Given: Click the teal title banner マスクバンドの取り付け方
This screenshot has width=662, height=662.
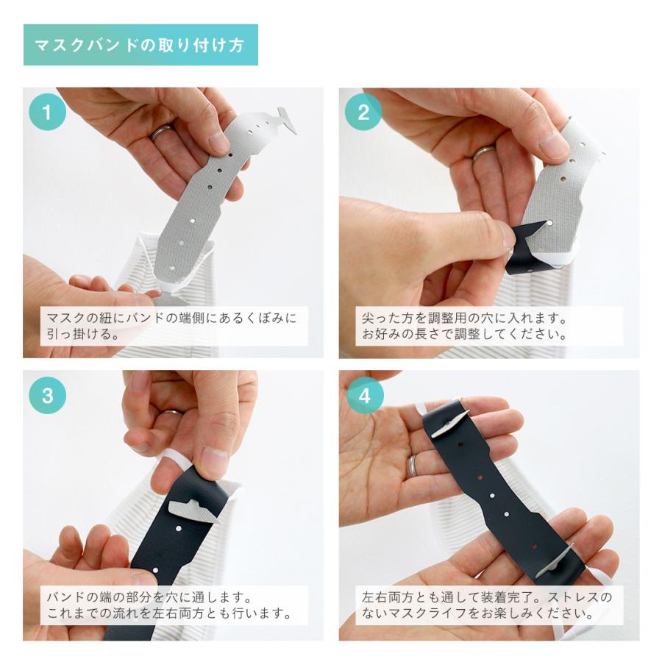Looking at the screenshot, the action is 140,45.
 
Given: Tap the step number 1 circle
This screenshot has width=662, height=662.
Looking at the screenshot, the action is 47,112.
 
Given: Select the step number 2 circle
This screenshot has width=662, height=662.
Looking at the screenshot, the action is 363,112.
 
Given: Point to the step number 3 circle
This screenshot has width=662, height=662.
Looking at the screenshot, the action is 47,395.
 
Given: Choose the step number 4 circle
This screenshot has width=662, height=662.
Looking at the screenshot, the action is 365,396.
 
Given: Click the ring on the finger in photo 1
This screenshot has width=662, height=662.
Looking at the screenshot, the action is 162,132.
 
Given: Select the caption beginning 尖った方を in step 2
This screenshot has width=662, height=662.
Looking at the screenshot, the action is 464,326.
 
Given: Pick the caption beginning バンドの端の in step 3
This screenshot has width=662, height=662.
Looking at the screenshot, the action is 169,605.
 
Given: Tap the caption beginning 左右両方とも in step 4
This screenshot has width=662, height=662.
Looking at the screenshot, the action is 486,605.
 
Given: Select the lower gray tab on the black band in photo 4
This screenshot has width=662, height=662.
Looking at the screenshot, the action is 554,561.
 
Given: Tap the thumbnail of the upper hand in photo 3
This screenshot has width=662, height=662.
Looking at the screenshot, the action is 215,461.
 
